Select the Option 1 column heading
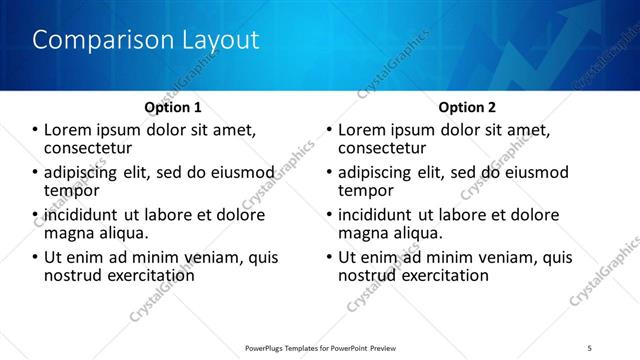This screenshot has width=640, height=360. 172,107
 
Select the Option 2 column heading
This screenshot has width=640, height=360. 466,107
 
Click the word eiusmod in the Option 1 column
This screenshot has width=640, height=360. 239,172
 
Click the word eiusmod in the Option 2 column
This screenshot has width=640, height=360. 533,172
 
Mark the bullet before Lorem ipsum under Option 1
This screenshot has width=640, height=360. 35,130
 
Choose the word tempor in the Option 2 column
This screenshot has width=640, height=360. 366,190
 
